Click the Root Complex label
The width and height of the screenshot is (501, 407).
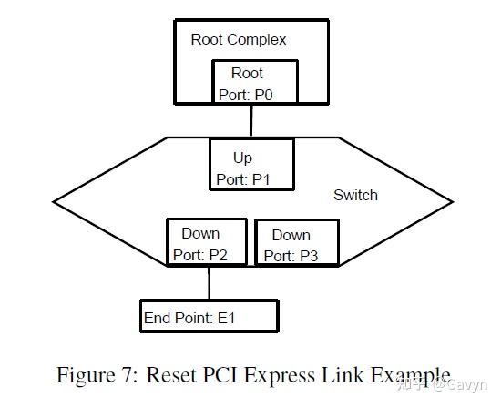click(238, 39)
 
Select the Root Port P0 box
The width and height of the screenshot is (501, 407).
click(250, 83)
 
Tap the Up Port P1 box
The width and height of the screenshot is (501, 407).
click(251, 164)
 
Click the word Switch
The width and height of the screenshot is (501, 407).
click(355, 195)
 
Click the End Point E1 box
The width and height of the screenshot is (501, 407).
click(208, 316)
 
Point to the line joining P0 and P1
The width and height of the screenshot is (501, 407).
click(251, 121)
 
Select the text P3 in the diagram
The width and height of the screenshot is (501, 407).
click(308, 257)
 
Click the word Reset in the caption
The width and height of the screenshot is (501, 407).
click(173, 375)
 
